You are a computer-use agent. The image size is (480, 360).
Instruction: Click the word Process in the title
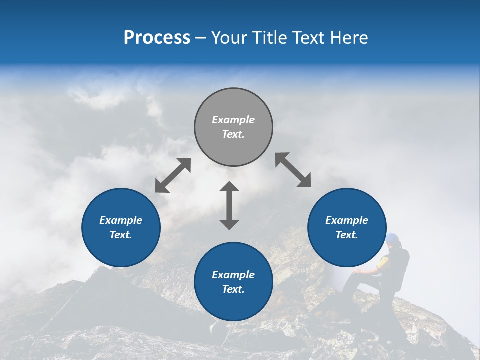[157, 37]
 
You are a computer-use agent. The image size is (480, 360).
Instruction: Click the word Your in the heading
[229, 37]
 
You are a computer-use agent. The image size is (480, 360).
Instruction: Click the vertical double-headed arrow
[229, 205]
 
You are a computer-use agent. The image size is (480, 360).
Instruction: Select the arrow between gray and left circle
[173, 175]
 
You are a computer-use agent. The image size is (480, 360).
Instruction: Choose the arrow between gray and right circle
[293, 170]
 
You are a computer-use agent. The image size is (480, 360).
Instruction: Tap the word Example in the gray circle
[233, 120]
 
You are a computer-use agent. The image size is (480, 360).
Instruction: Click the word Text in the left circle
[121, 235]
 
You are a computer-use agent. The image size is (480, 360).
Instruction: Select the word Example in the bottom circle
[233, 275]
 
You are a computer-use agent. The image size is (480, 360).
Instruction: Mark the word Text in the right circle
[347, 235]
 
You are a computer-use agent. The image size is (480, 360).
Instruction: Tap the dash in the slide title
[201, 38]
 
